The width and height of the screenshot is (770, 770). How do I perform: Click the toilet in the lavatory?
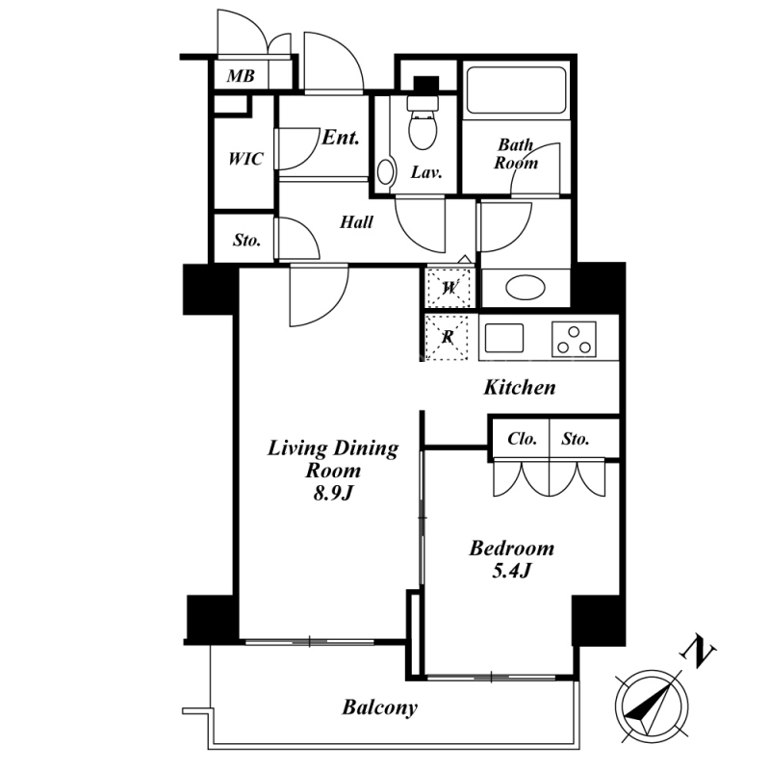(x=423, y=123)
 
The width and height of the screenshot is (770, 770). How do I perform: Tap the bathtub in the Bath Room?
(x=516, y=90)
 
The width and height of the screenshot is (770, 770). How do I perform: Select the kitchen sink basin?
(x=504, y=339)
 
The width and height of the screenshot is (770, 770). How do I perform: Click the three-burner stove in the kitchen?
(x=574, y=340)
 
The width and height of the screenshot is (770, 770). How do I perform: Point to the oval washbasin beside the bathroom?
(x=525, y=287)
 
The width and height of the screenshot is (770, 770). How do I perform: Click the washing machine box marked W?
(x=449, y=287)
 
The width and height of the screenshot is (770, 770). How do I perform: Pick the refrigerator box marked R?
(x=448, y=338)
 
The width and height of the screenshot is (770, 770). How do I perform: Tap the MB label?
(x=241, y=76)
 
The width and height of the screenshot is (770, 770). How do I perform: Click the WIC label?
(x=245, y=159)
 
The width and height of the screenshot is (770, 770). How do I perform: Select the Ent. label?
(x=341, y=138)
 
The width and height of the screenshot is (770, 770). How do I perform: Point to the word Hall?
(x=356, y=222)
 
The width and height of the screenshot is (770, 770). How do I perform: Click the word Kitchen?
(x=520, y=388)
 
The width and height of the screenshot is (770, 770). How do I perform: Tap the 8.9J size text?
(x=333, y=493)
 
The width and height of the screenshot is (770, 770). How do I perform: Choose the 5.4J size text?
(x=512, y=570)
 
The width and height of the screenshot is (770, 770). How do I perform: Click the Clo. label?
(x=522, y=439)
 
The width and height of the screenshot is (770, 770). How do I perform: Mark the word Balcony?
(x=379, y=707)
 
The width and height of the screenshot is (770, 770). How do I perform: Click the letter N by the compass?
(x=698, y=652)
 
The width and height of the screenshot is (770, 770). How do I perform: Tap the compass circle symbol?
(x=651, y=706)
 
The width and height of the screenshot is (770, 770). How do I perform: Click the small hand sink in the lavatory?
(x=386, y=172)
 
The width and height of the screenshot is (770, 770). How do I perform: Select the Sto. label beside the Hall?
(x=246, y=240)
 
